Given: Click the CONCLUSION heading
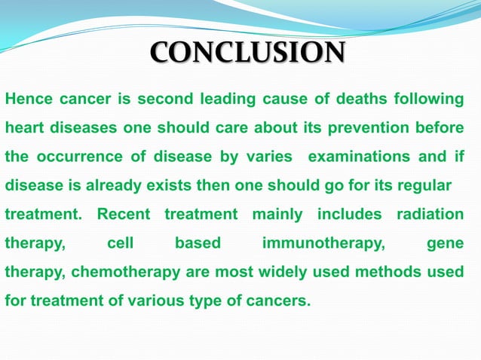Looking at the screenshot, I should coord(248,53).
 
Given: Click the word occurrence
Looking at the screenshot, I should coord(72,157).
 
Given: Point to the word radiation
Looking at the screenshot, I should coord(430,215).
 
